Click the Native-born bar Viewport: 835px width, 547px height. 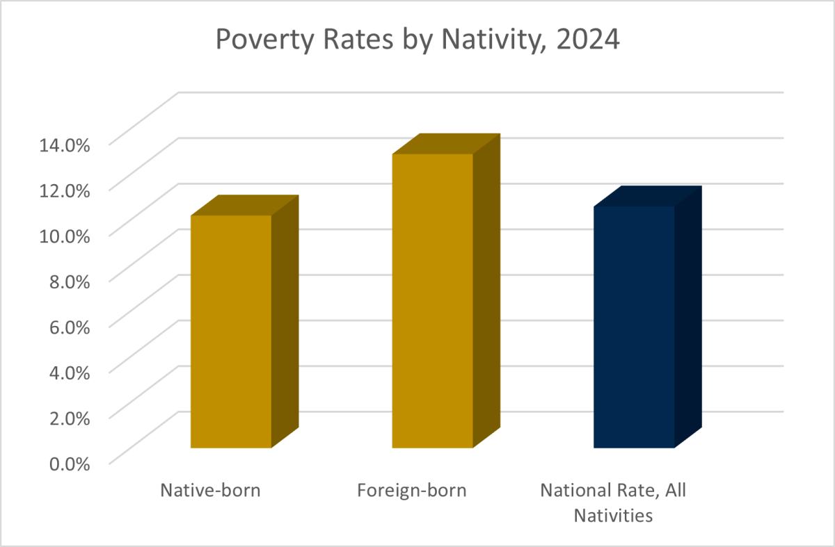[231, 332]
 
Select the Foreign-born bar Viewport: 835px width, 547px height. [433, 301]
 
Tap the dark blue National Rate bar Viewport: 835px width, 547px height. [635, 327]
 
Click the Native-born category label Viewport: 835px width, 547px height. [211, 490]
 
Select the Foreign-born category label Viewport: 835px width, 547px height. [412, 490]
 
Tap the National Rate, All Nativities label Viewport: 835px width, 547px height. [613, 503]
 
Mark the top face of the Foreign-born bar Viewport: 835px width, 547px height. [447, 144]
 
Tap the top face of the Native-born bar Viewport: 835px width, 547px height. [245, 205]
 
